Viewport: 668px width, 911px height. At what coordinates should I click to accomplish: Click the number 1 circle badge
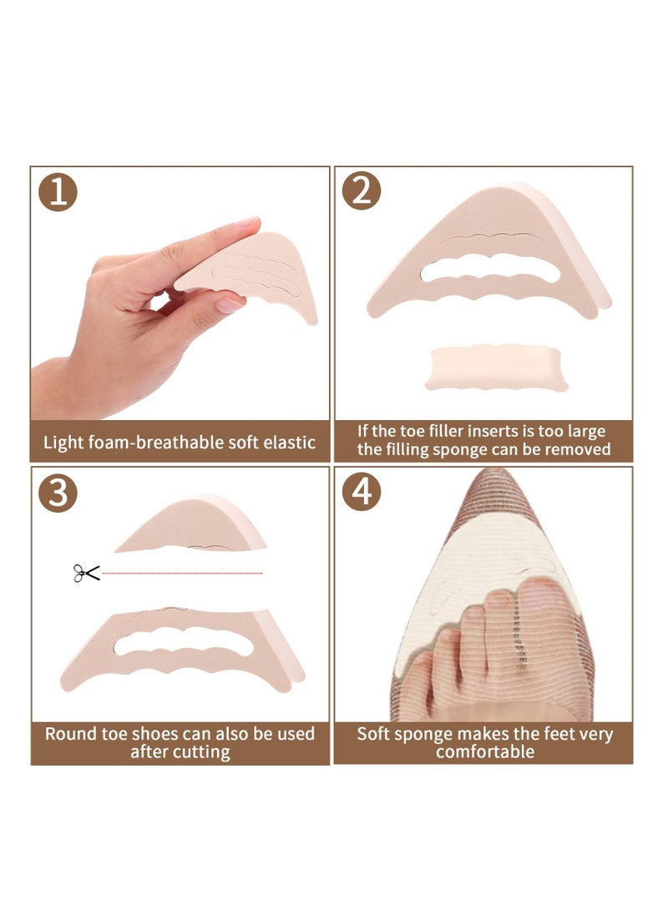click(58, 192)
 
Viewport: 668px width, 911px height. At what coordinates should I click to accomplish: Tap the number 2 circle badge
click(362, 192)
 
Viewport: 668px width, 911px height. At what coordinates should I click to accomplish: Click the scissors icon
click(86, 573)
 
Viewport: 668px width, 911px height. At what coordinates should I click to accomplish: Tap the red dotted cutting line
click(184, 573)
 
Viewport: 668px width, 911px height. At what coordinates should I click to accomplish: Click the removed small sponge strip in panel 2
click(496, 367)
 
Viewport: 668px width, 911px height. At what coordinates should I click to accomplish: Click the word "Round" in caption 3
click(67, 734)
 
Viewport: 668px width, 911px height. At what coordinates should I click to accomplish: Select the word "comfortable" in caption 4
click(484, 751)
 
